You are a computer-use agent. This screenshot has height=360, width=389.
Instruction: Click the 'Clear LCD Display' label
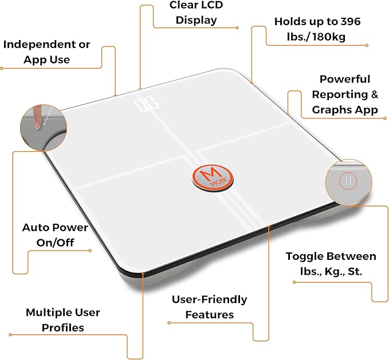click(x=197, y=13)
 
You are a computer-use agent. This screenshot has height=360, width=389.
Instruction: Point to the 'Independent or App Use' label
click(x=47, y=52)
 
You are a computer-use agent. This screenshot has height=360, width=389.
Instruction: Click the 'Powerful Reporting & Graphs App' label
click(x=345, y=94)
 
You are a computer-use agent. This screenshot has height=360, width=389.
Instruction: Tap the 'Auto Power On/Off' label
click(x=55, y=235)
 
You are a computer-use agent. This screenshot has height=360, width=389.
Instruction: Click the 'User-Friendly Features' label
click(x=210, y=307)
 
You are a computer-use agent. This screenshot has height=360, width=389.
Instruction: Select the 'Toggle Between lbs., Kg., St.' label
click(x=331, y=264)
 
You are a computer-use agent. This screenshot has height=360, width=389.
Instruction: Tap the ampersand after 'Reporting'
click(x=375, y=94)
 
